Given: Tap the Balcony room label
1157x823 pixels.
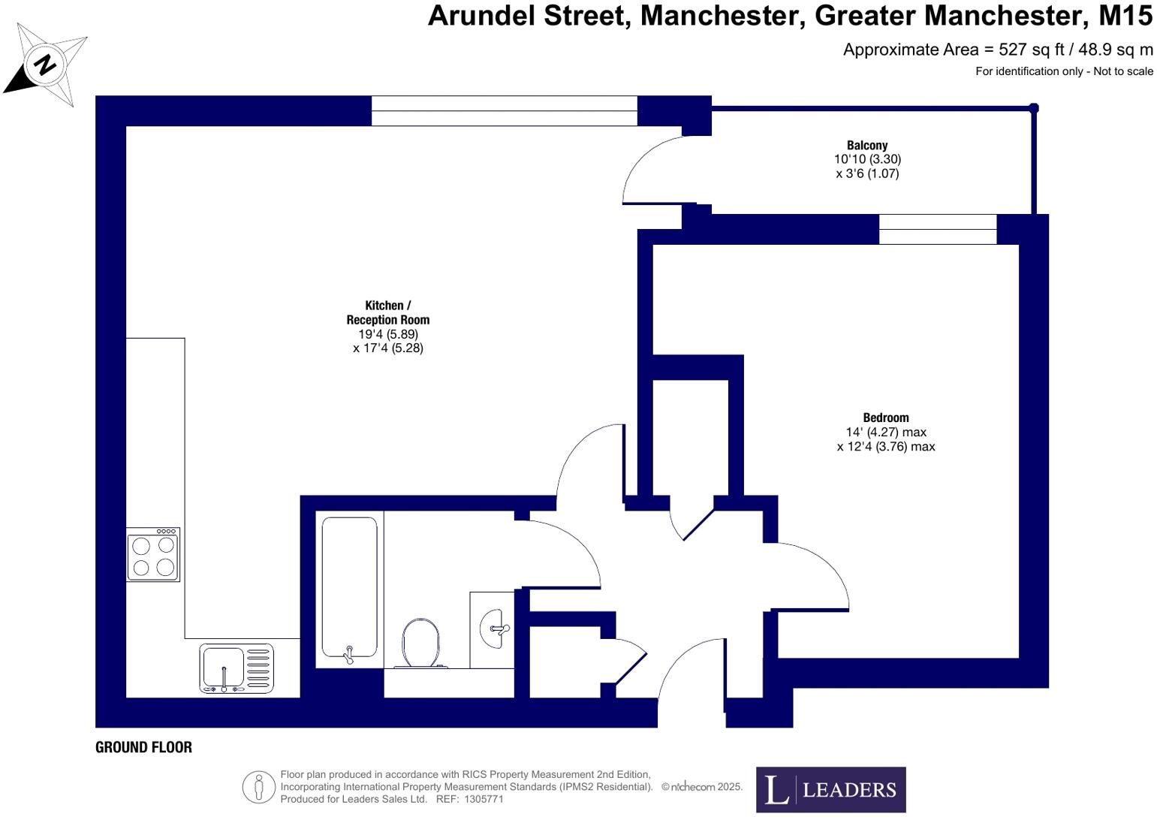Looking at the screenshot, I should click(867, 146).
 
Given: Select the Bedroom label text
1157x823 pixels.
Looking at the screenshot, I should click(886, 418).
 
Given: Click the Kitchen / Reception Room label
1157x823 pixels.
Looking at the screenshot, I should click(387, 312).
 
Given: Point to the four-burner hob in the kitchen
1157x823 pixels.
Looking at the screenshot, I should click(153, 555).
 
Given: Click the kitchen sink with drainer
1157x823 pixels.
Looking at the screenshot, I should click(237, 668).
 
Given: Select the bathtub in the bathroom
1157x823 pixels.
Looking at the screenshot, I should click(349, 588).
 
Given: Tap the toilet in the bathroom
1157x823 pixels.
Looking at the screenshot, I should click(420, 644).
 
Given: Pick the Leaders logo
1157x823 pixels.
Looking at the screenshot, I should click(830, 789).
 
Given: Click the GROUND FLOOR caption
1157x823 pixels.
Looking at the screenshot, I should click(143, 747).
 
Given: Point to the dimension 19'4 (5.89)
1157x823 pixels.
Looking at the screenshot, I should click(388, 334).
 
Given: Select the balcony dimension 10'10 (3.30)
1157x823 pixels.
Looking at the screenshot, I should click(867, 159).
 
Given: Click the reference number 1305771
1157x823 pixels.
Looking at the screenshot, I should click(484, 799).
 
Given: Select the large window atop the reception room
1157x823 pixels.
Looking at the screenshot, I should click(504, 110).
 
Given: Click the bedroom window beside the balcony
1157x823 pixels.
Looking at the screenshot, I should click(937, 229).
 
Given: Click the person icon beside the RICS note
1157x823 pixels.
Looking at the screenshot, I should click(258, 787).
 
